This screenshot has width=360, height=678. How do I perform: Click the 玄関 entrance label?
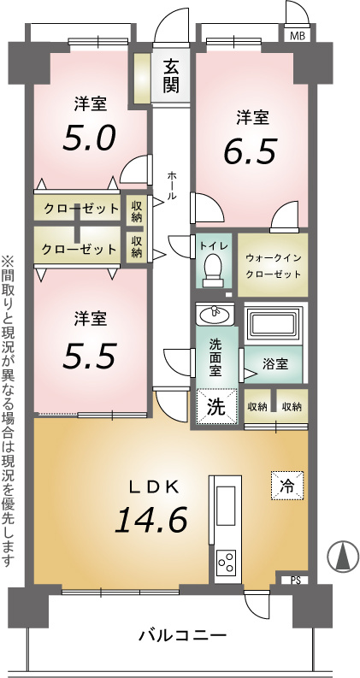point(171,77)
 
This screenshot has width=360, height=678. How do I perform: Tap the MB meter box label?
point(298,36)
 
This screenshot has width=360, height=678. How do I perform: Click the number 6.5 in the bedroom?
point(250,150)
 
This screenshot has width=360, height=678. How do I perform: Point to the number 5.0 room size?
point(89,138)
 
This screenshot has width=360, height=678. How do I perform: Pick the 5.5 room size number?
point(90,355)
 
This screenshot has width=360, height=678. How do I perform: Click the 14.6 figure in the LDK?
point(151,518)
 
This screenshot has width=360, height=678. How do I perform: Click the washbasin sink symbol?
point(215,314)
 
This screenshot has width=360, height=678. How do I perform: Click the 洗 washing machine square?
point(216,406)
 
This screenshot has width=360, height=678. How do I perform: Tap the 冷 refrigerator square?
point(287,486)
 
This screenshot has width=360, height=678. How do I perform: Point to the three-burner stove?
point(227,562)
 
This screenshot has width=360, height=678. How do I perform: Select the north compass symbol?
point(342,556)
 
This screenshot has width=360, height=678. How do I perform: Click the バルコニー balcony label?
point(183,635)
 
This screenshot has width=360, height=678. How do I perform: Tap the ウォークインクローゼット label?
point(273,266)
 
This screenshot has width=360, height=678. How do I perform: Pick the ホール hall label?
point(172,185)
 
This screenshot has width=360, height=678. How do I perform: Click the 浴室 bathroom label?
point(275,363)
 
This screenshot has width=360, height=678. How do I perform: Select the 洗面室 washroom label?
point(215,357)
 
